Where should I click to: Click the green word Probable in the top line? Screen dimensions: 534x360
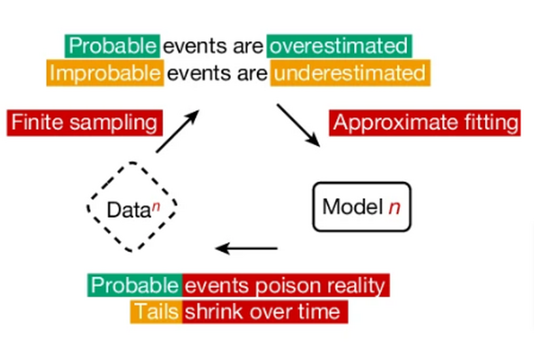pos(113,46)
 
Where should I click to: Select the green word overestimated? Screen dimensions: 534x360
pos(339,46)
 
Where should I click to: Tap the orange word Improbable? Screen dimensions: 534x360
pos(105,73)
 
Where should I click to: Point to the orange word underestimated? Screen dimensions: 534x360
pos(350,73)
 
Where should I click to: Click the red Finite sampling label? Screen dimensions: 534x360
pos(85,122)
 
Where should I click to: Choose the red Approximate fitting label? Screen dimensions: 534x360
pos(425,122)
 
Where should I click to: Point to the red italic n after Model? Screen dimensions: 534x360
pos(395,207)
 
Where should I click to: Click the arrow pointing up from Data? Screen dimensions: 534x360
pos(177,131)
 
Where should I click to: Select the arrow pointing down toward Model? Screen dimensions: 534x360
pos(298,125)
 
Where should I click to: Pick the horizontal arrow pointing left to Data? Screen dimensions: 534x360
pos(247,248)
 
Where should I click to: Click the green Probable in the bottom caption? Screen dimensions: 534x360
pos(135,285)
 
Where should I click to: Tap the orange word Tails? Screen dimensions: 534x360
pos(156,312)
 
